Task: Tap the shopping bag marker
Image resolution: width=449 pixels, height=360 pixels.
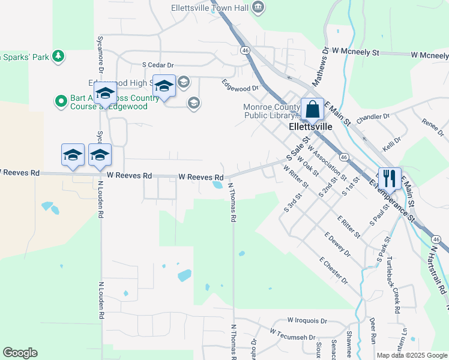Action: (312, 110)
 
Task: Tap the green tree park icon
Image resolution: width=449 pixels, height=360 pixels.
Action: (58, 56)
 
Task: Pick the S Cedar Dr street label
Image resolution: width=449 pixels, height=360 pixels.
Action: (157, 65)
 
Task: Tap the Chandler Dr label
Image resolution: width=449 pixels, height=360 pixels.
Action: (373, 117)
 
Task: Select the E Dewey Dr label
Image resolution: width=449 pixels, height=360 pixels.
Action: (337, 244)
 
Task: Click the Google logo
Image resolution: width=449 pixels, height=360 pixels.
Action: (20, 353)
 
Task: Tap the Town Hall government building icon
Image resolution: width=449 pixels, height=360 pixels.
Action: (258, 7)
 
